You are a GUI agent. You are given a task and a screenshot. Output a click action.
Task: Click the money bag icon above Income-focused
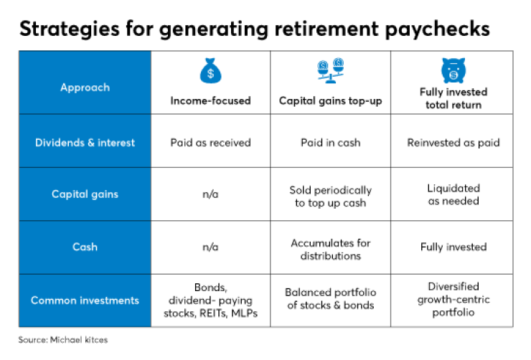(x=210, y=71)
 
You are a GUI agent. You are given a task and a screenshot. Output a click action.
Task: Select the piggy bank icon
(x=452, y=70)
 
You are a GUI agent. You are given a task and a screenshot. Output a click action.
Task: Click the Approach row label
(x=85, y=87)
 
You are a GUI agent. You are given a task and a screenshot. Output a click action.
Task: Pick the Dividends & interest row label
(x=85, y=143)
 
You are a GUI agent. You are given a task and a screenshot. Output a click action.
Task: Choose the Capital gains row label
(x=85, y=194)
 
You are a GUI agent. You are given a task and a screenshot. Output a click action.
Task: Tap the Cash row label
(x=85, y=247)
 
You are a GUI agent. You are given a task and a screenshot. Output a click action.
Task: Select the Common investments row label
(x=85, y=300)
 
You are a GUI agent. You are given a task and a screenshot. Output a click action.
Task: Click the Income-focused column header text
(x=210, y=101)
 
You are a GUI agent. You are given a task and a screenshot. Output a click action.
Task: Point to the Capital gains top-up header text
(x=330, y=101)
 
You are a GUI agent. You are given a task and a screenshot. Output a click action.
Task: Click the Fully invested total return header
(x=453, y=98)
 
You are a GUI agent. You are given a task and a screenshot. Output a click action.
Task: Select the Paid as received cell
(x=210, y=143)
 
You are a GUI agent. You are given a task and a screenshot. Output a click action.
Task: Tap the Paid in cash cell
(x=330, y=143)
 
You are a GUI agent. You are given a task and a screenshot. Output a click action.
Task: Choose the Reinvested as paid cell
(x=453, y=143)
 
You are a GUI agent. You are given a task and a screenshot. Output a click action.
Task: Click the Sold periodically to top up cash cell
(x=330, y=196)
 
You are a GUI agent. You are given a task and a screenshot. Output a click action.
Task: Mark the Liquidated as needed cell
(x=453, y=194)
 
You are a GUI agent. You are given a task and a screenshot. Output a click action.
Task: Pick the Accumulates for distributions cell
(x=330, y=249)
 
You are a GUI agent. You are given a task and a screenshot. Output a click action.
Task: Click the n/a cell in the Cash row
(x=210, y=247)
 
